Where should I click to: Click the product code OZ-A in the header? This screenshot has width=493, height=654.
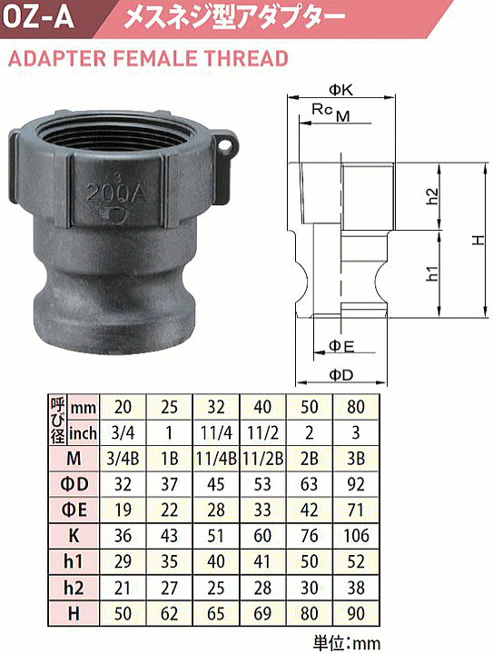[x=41, y=16]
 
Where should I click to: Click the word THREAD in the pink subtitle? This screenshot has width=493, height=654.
[x=248, y=59]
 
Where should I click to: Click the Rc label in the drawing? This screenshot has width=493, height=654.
[x=320, y=109]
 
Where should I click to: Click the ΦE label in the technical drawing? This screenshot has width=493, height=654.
[x=340, y=345]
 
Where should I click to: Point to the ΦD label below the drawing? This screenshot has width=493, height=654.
[x=340, y=374]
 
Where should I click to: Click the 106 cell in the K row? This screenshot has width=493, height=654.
[x=355, y=534]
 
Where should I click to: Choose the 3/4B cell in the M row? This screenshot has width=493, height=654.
[x=123, y=456]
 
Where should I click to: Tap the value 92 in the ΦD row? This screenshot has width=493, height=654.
[x=355, y=482]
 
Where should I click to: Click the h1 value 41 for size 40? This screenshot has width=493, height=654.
[x=262, y=560]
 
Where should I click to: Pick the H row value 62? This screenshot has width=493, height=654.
[x=170, y=612]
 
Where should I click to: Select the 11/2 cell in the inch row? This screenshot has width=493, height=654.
[x=262, y=431]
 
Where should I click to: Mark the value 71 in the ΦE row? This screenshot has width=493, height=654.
[x=355, y=508]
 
